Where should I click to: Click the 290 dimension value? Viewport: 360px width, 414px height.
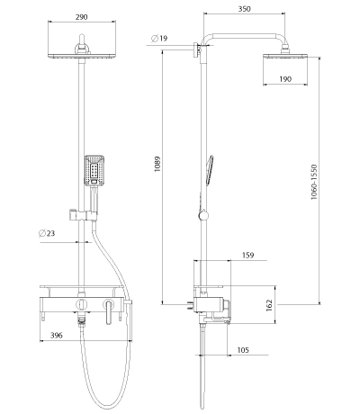click(x=81, y=17)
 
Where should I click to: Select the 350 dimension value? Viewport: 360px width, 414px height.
click(x=244, y=9)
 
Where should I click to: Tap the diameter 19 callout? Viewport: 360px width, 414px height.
click(x=159, y=39)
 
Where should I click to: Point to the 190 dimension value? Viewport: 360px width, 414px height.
click(x=285, y=79)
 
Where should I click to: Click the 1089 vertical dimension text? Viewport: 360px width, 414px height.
click(x=157, y=164)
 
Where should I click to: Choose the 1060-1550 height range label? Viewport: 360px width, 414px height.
click(x=314, y=182)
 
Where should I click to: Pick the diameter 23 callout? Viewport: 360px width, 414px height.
click(x=47, y=233)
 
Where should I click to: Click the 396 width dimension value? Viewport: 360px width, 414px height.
click(x=57, y=335)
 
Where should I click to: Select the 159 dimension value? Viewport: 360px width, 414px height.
click(x=247, y=255)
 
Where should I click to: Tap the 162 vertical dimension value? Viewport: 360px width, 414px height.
click(x=269, y=305)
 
